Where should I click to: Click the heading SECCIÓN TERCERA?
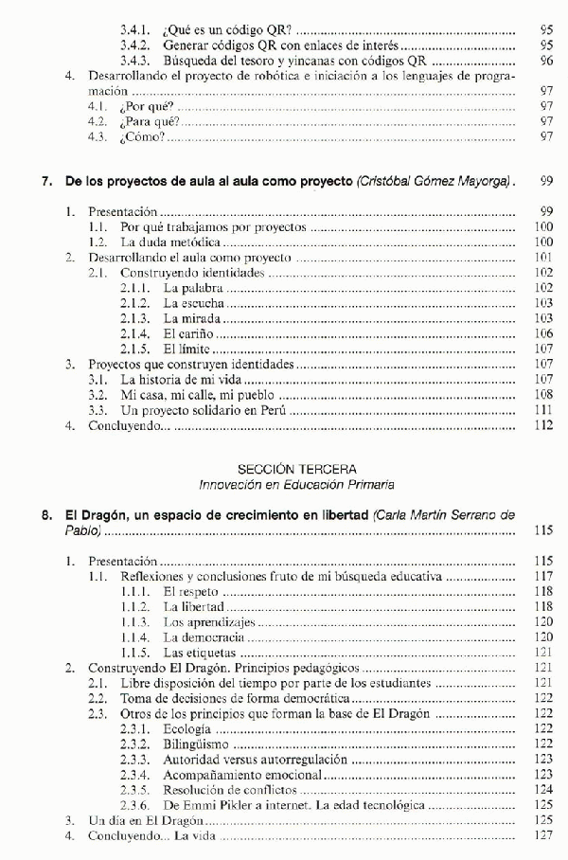tap(283, 468)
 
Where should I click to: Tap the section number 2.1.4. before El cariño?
tap(136, 333)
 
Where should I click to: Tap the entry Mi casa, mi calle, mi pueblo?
tap(194, 395)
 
